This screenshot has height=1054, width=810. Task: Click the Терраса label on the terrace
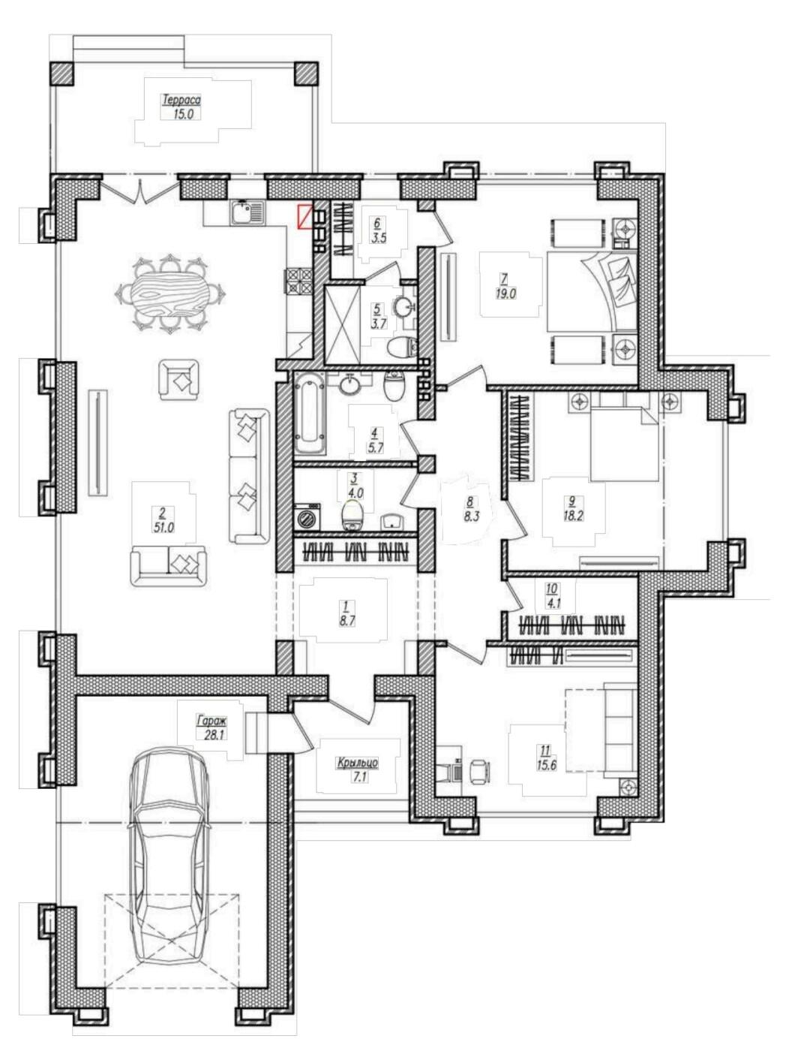click(181, 101)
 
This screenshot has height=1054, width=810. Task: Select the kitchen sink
click(247, 212)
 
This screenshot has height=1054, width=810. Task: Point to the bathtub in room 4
click(310, 412)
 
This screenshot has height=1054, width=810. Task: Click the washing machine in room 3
click(307, 517)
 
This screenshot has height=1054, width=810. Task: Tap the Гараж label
click(211, 720)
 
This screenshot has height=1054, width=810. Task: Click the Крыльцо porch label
click(358, 763)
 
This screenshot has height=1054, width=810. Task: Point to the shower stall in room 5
click(342, 325)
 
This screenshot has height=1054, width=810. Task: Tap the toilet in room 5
click(403, 346)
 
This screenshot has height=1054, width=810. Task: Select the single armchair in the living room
click(179, 379)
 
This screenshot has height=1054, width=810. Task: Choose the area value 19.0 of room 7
click(505, 294)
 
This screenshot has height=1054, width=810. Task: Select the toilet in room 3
click(352, 515)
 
